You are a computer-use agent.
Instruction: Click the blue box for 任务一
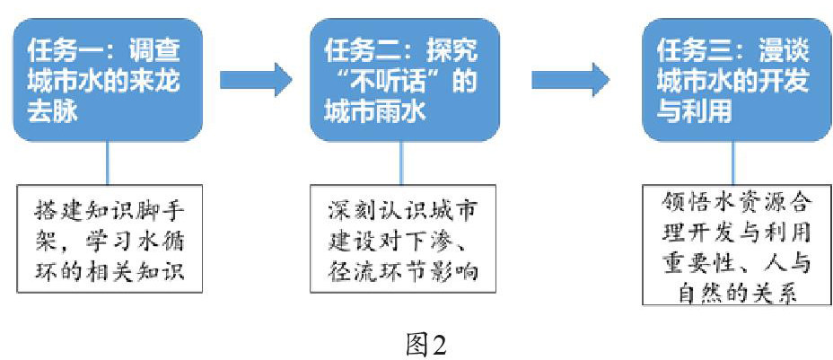107,81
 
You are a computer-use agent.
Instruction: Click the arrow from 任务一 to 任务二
256,80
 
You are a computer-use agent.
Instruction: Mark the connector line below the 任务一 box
107,162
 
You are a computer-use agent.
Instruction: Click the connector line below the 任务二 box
402,162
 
